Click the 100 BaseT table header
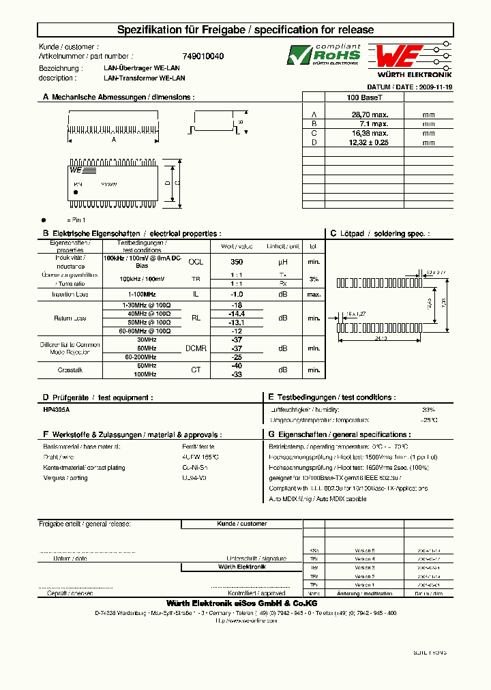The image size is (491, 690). (369, 97)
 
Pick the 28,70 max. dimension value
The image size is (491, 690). (369, 115)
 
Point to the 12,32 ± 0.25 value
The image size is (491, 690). (369, 142)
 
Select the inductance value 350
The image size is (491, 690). (237, 262)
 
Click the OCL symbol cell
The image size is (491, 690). (196, 262)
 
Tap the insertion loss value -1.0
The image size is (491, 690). (237, 294)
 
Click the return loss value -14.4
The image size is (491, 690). (237, 314)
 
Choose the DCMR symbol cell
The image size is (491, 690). (196, 348)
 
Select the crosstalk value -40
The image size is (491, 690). (237, 366)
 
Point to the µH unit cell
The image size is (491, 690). (283, 262)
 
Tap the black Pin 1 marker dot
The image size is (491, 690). (44, 220)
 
